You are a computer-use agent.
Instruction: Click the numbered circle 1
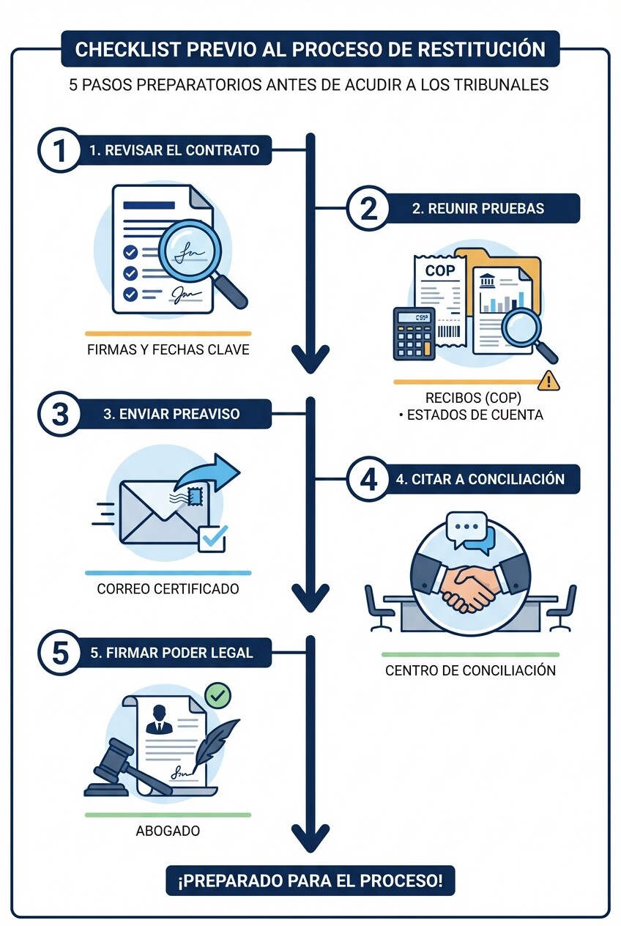tap(59, 151)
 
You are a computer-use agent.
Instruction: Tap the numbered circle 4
tap(368, 479)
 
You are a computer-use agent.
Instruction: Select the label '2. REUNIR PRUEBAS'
tap(477, 209)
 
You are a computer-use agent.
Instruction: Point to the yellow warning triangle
tap(548, 380)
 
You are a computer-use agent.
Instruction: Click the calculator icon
tap(414, 333)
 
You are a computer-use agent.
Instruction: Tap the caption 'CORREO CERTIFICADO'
tap(168, 588)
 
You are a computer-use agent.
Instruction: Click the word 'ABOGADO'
tap(168, 831)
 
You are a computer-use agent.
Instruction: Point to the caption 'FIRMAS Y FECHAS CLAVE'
tap(168, 349)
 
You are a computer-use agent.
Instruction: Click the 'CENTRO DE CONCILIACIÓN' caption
tap(470, 670)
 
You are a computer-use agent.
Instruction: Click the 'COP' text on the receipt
tap(440, 271)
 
